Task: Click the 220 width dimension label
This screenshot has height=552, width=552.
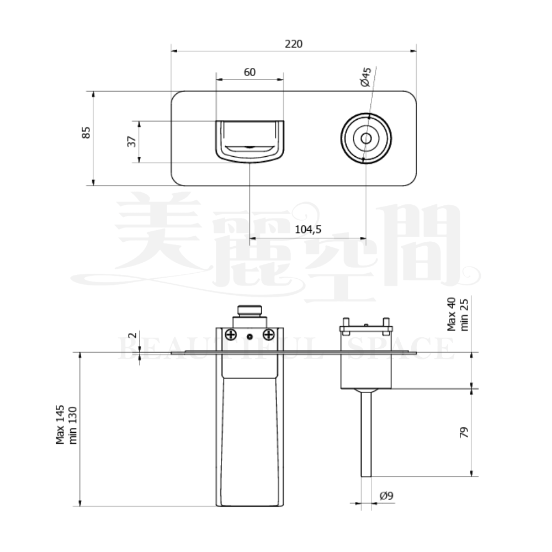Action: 293,44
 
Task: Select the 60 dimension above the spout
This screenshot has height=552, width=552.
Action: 250,72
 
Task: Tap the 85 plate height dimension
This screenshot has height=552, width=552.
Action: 86,132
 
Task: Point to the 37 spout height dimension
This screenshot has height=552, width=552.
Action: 132,141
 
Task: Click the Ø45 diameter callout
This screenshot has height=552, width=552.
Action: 366,77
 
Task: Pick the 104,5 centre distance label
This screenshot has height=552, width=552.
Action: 308,230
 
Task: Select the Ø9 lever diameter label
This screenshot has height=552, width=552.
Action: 386,496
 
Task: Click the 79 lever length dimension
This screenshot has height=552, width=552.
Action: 464,432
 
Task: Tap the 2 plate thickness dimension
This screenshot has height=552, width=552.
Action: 132,335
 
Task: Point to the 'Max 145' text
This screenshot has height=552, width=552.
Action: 60,424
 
